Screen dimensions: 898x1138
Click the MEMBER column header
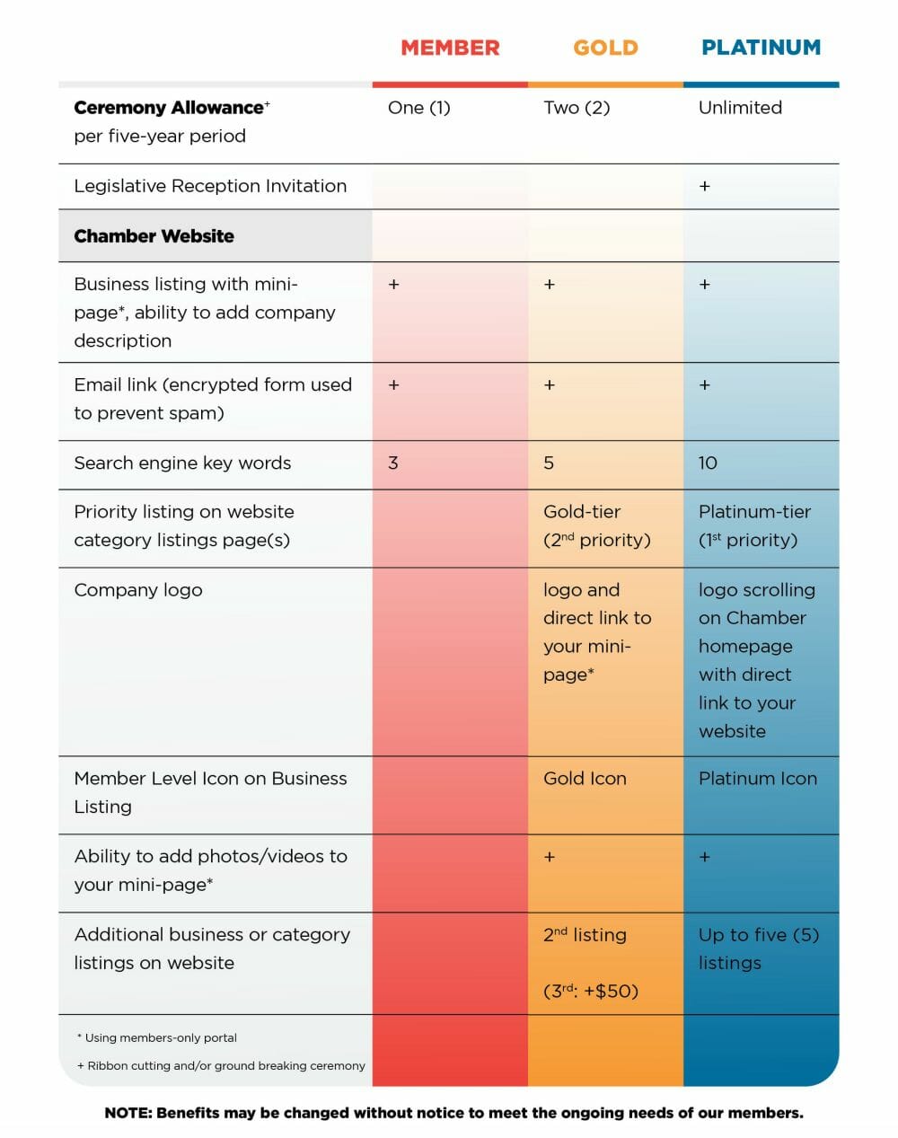click(x=450, y=48)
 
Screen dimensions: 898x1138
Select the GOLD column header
click(x=605, y=48)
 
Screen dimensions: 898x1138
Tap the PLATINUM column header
click(x=761, y=48)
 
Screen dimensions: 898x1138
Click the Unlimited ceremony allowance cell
click(x=740, y=108)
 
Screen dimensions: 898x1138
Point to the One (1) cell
click(x=418, y=108)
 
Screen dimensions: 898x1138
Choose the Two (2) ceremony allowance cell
click(x=577, y=108)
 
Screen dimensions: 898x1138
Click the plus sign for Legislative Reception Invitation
click(x=704, y=186)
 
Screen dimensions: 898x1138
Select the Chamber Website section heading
click(x=154, y=236)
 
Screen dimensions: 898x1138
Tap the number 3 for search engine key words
click(x=393, y=463)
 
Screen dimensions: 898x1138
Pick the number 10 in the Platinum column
click(x=708, y=463)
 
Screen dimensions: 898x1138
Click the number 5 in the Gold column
click(x=549, y=463)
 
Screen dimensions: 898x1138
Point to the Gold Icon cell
click(x=585, y=779)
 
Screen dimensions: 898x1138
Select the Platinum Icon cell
click(x=758, y=779)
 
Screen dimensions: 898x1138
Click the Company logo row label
click(x=138, y=590)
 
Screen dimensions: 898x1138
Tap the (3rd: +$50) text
click(x=591, y=991)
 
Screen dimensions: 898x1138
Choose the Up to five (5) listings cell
click(x=759, y=949)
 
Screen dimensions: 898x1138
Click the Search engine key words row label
click(x=182, y=463)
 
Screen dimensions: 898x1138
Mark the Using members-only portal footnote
click(x=157, y=1037)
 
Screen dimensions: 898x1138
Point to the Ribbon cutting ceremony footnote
click(x=221, y=1065)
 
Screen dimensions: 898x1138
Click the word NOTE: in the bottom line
click(x=128, y=1113)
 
